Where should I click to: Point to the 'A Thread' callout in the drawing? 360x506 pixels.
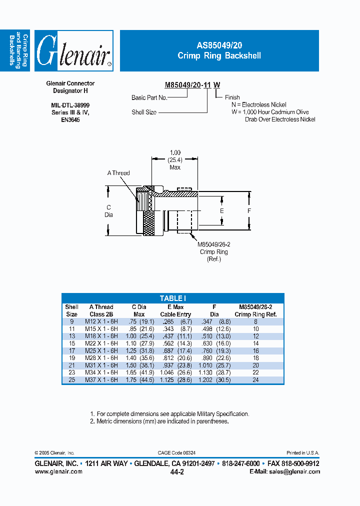tap(118, 173)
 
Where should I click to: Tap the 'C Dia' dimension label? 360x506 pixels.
tap(108, 211)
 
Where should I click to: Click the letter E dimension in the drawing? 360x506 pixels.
tap(222, 211)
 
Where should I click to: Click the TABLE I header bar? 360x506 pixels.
tap(172, 298)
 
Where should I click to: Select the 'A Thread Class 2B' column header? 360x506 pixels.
tap(101, 310)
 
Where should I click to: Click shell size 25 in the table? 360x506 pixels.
tap(71, 380)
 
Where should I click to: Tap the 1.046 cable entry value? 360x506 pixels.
tap(168, 372)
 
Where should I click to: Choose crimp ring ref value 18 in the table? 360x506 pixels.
tap(255, 358)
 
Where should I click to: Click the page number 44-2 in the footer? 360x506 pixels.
tap(177, 472)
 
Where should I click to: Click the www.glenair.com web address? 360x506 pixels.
tap(58, 472)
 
